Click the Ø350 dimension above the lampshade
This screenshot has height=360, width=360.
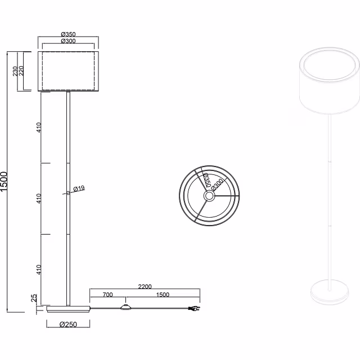68,34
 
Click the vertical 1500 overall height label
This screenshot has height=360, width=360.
5,182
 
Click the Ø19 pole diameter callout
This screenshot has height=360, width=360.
79,188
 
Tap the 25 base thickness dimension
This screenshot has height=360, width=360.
34,298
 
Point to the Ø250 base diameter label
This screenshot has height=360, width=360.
69,325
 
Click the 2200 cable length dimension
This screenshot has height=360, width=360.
144,287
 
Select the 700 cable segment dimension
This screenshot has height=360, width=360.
108,295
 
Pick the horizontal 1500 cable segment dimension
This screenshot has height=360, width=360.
162,295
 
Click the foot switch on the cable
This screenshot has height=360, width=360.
125,308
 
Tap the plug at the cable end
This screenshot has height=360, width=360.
193,309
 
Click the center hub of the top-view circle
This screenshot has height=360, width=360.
209,196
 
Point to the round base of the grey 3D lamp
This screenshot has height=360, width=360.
330,293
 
